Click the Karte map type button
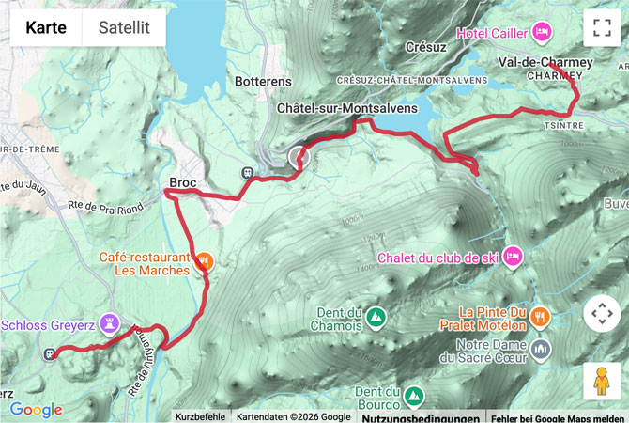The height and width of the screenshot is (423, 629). [46, 27]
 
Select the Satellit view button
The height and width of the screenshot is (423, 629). [124, 27]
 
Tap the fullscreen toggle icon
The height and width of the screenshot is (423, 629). [602, 27]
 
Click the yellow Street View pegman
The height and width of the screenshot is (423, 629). [602, 381]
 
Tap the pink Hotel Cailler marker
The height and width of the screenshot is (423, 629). [542, 33]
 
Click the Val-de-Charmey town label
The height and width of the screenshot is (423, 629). [546, 62]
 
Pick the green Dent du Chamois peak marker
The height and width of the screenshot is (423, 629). [376, 316]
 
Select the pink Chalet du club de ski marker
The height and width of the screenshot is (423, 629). [512, 256]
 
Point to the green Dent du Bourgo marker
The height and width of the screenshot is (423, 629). [413, 393]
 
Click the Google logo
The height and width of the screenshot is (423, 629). [36, 410]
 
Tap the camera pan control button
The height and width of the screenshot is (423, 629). [602, 314]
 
